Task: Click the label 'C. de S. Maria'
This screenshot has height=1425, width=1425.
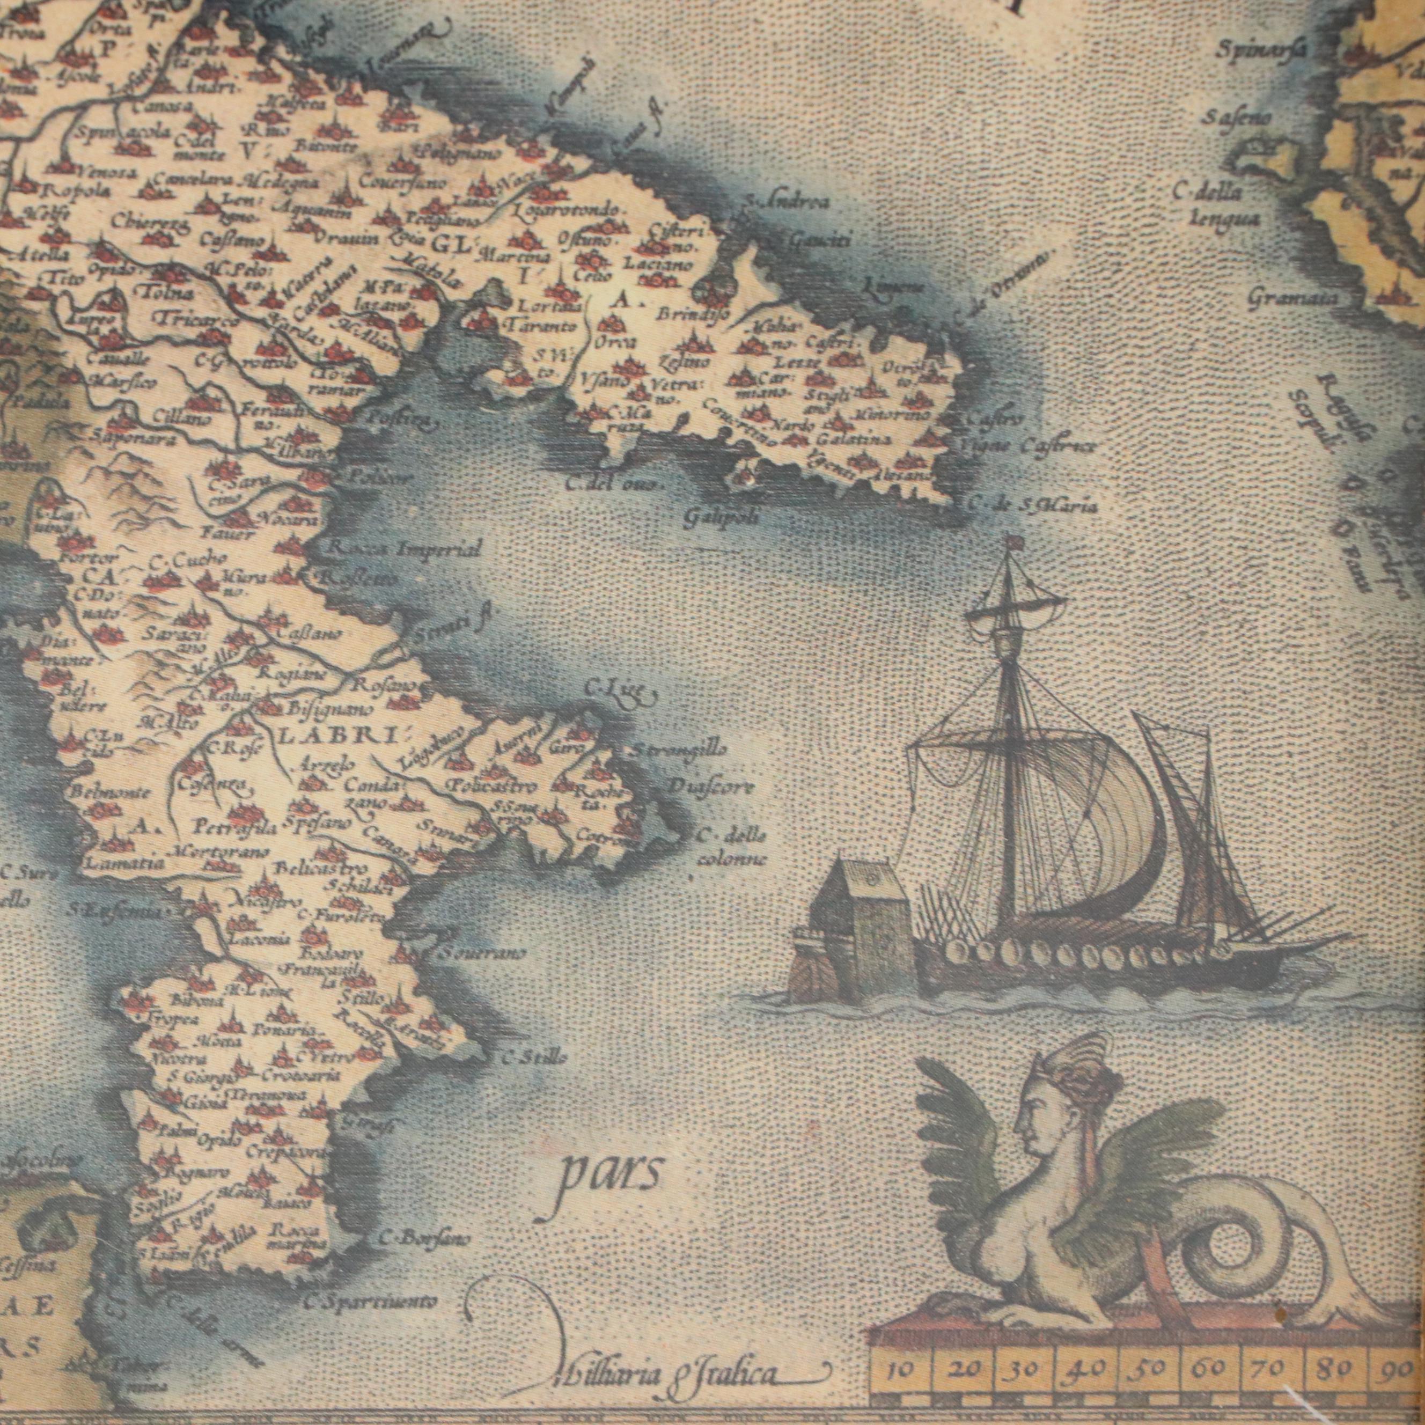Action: tap(1032, 506)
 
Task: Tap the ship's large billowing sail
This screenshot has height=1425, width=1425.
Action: tap(1099, 819)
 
